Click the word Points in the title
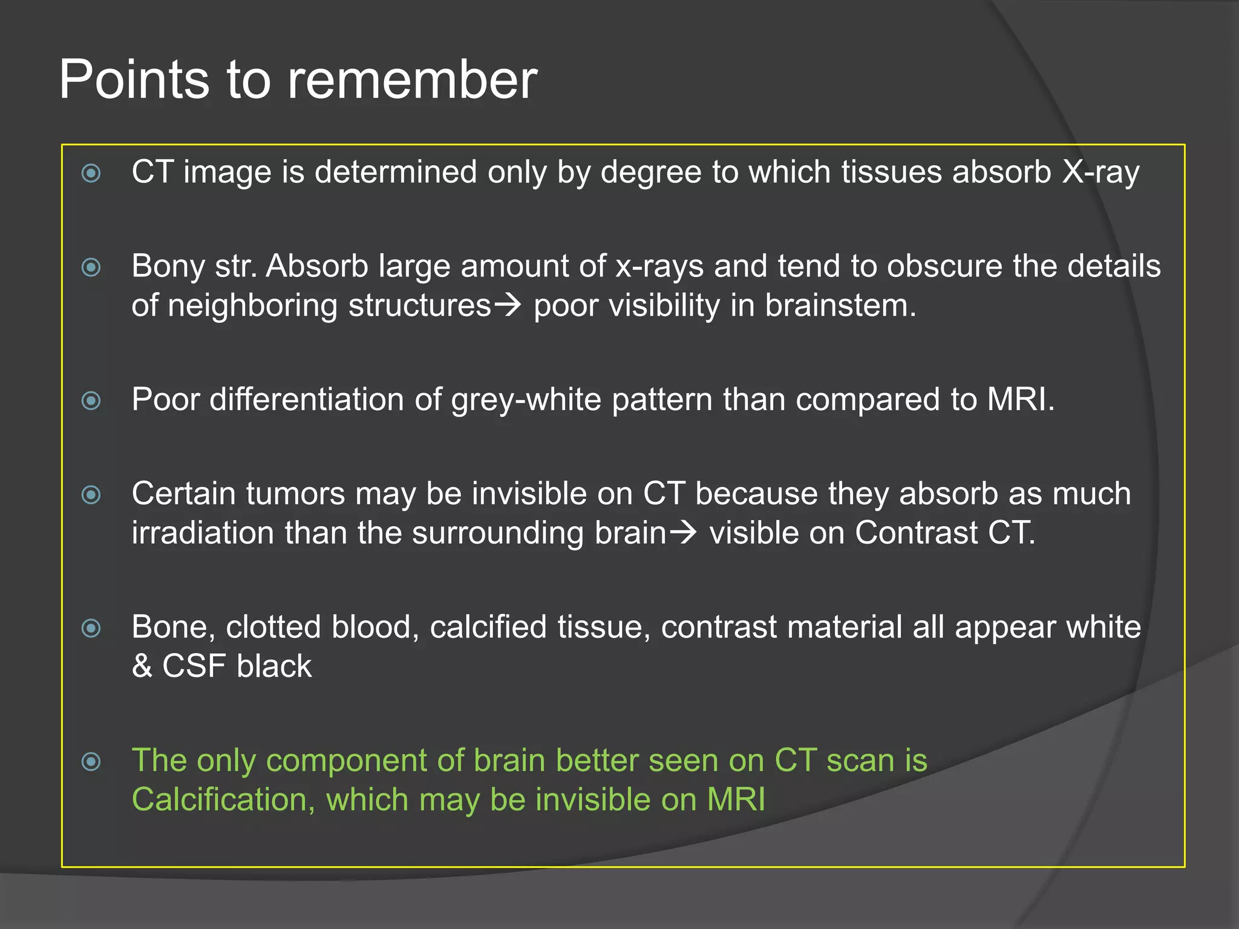(x=134, y=80)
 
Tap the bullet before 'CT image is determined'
(x=91, y=174)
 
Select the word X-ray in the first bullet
(x=1100, y=172)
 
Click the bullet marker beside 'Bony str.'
(x=91, y=267)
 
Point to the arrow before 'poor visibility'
(x=507, y=304)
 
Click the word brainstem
(x=840, y=305)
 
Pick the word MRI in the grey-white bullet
(x=1020, y=400)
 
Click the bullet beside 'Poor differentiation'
(x=91, y=400)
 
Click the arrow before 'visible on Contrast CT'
(x=683, y=532)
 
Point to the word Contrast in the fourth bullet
(x=916, y=533)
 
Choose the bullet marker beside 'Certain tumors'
(x=91, y=495)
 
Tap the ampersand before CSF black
(x=142, y=667)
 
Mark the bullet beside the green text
(x=91, y=761)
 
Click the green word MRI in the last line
(x=736, y=800)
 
